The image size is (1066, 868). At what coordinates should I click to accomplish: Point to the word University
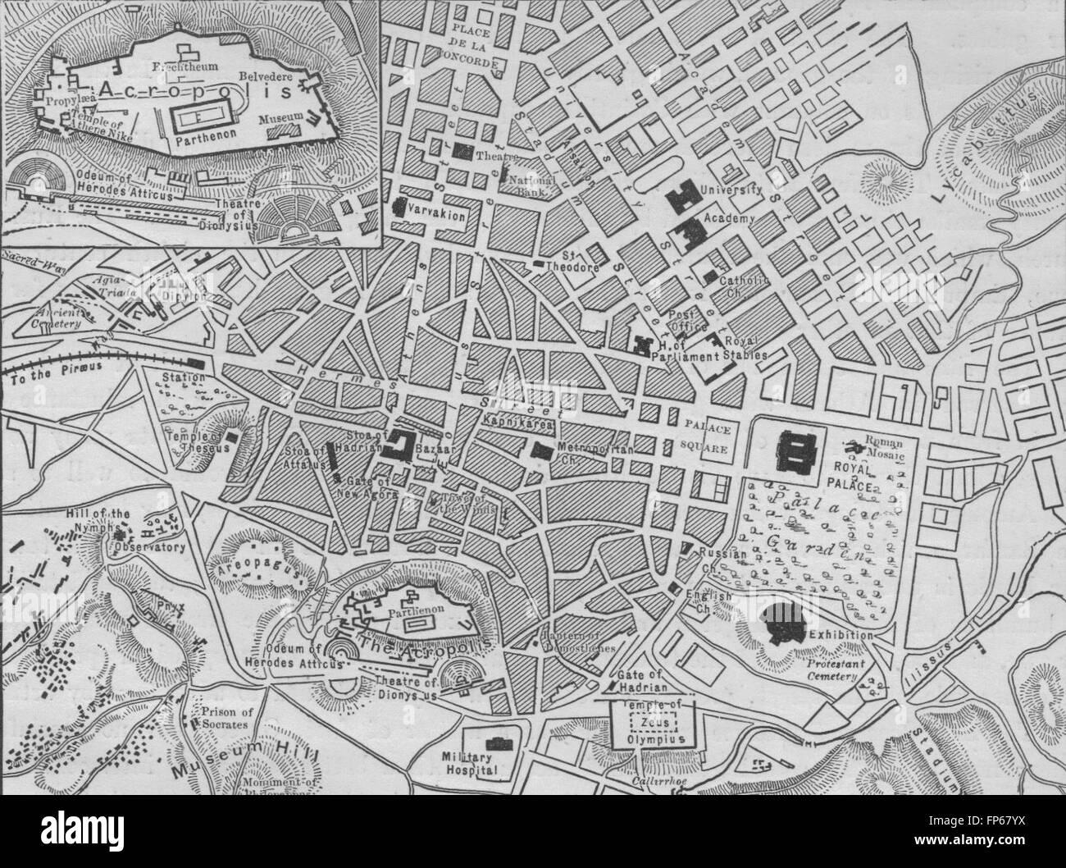pos(731,190)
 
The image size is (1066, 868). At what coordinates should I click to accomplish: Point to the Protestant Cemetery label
pos(832,670)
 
